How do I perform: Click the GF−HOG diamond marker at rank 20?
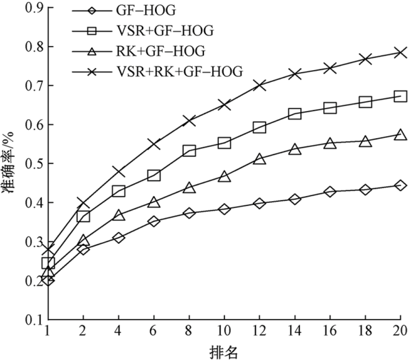tap(400, 185)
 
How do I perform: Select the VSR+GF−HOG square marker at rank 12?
tap(259, 127)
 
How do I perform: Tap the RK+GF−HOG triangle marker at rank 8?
tap(189, 187)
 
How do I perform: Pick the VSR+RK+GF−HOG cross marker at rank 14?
tap(295, 74)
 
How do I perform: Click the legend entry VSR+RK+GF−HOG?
tap(179, 72)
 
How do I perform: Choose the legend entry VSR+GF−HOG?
tap(169, 30)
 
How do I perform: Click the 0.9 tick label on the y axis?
tap(33, 7)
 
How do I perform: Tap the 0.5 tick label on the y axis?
tap(33, 164)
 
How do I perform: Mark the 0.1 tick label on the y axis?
tap(33, 320)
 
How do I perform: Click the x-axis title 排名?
tap(224, 352)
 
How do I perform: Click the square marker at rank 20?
tap(400, 96)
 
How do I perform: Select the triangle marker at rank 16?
tap(330, 143)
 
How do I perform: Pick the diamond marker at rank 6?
tap(154, 221)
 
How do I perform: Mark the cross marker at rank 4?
tap(119, 171)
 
